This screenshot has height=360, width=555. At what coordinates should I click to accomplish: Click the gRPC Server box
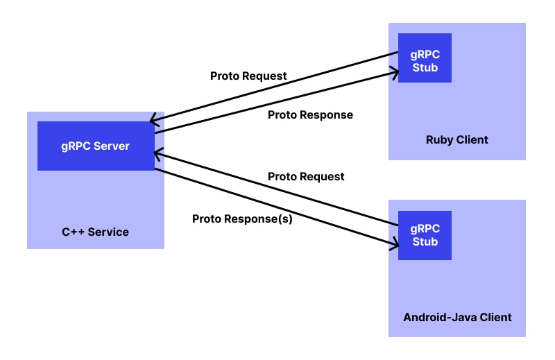pos(96,146)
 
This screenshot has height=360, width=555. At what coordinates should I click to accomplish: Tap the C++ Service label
pos(95,232)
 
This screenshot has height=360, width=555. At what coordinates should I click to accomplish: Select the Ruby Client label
pos(456,139)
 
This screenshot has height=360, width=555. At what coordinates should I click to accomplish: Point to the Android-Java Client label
pos(457,317)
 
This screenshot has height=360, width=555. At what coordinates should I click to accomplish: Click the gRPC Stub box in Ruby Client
pos(425,58)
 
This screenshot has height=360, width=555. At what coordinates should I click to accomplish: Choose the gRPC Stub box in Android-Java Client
pos(425,235)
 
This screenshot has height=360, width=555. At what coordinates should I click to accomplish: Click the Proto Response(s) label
pos(242,218)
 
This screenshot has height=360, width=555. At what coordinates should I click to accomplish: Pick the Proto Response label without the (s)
pos(310,114)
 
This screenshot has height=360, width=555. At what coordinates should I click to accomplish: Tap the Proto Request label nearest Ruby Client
pos(248,76)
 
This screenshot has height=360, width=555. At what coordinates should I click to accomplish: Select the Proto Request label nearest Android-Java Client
pos(306,176)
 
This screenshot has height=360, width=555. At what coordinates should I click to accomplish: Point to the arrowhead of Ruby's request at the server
pos(155,119)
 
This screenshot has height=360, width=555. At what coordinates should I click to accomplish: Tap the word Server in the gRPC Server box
pos(111,146)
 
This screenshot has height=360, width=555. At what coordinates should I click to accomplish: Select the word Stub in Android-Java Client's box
pos(425,242)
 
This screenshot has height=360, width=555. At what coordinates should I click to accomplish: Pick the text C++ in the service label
pos(73,232)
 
